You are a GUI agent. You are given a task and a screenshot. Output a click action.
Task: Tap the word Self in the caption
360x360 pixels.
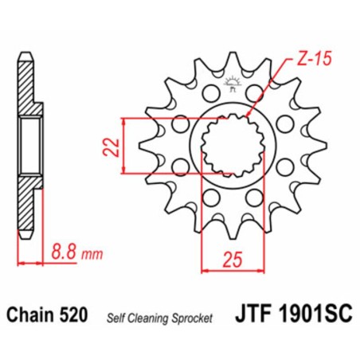(x=116, y=318)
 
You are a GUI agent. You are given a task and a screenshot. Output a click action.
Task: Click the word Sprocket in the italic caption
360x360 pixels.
(x=194, y=318)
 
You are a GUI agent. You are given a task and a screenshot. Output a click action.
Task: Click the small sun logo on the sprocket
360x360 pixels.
(x=233, y=80)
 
